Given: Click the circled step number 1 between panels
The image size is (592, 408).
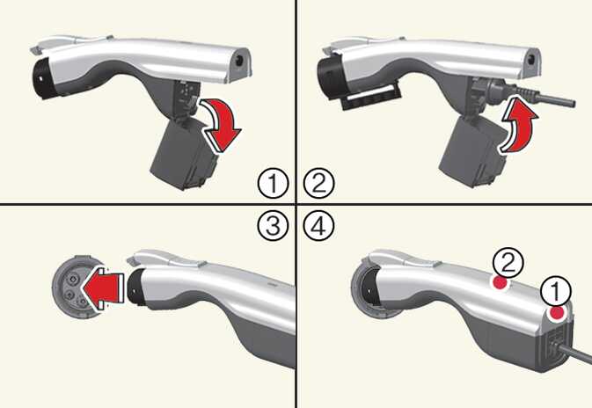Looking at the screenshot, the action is (273, 184).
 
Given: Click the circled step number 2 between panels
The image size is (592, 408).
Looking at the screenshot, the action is (319, 184).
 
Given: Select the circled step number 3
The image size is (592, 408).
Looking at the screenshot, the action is (273, 226).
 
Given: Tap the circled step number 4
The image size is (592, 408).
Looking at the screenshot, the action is (319, 226).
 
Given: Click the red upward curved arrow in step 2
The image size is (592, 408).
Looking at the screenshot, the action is (518, 125).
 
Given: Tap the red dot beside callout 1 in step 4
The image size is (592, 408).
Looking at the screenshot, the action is (557, 313).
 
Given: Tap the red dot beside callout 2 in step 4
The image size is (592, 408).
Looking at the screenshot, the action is (499, 282).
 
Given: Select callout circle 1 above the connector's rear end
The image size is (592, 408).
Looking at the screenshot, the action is (556, 291).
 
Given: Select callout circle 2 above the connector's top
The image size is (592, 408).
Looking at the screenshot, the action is (508, 263).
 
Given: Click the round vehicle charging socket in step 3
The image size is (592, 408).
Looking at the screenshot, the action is (75, 287).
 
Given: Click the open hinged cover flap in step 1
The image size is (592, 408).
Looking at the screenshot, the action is (184, 153).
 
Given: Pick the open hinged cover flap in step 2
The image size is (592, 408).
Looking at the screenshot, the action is (473, 152).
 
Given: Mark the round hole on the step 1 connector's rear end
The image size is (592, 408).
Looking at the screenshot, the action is (239, 61).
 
